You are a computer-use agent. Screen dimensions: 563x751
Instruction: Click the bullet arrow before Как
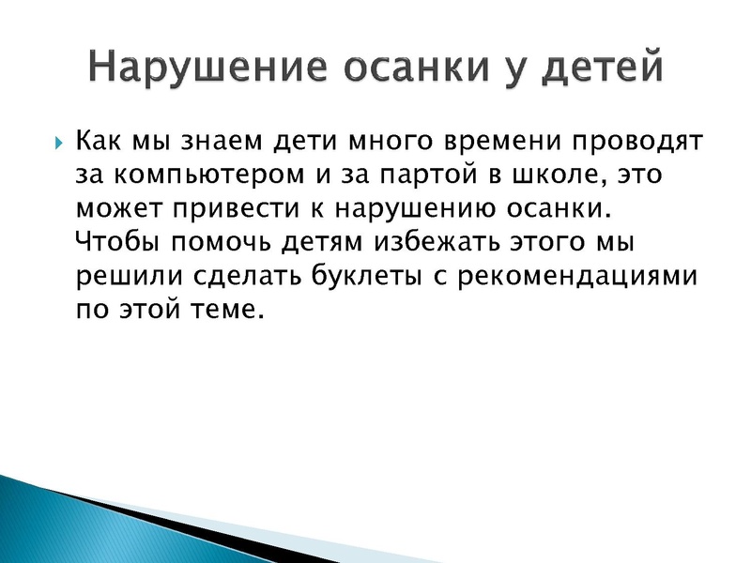pos(58,145)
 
